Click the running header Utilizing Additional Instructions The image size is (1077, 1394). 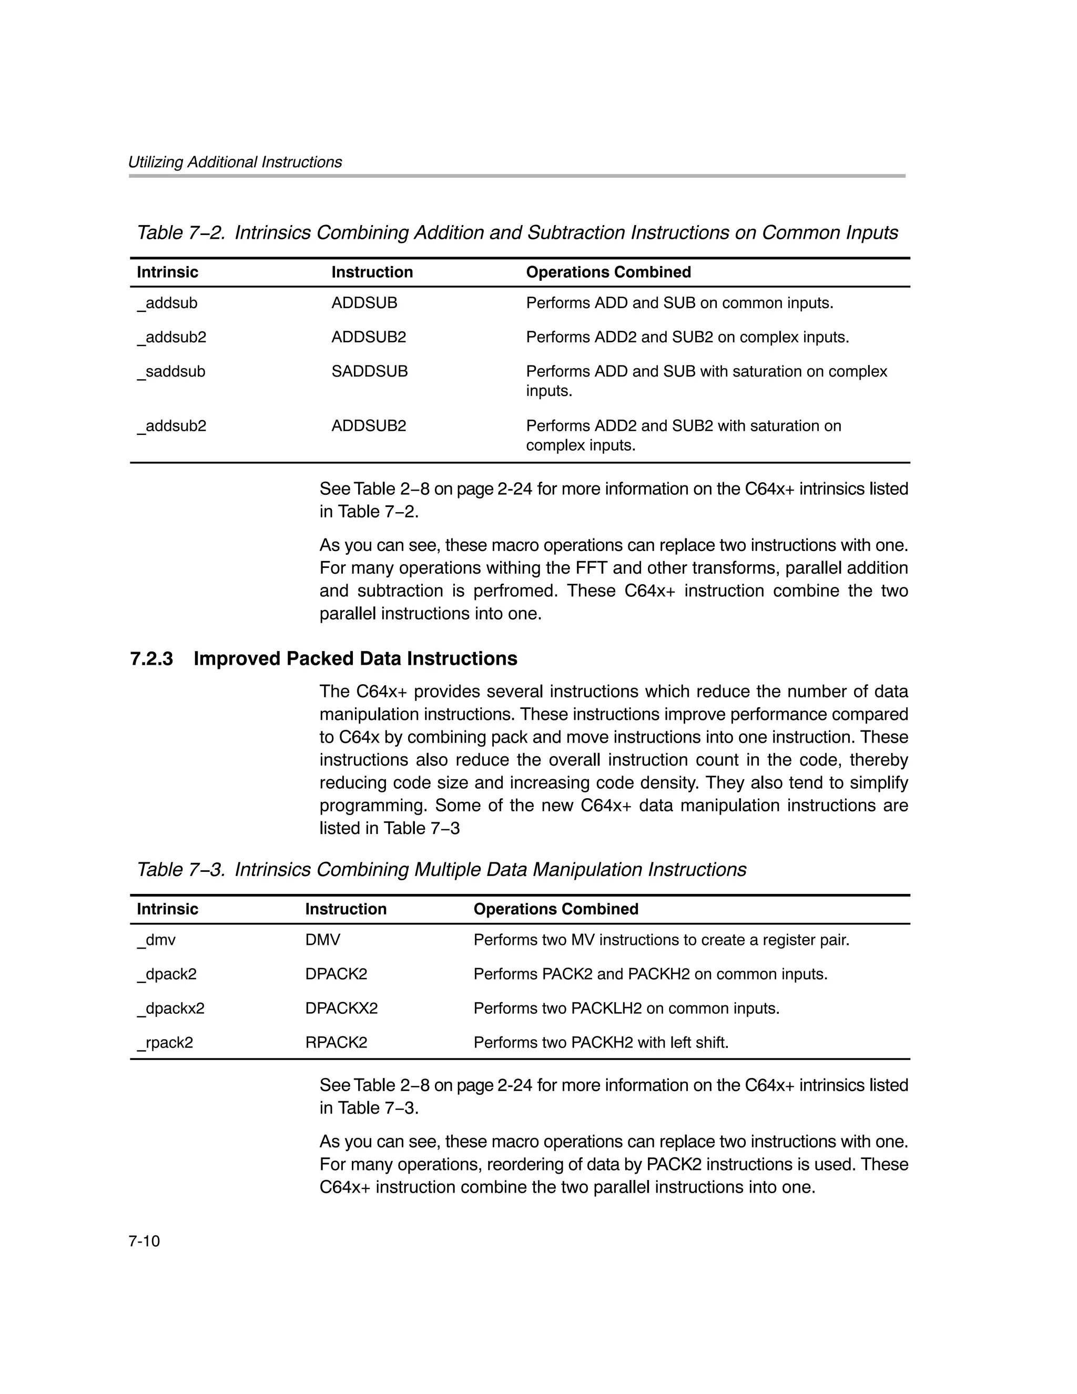coord(235,162)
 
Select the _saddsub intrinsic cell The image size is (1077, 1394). coord(171,371)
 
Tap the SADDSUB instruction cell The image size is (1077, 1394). coord(369,371)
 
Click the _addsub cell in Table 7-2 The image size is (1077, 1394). coord(167,303)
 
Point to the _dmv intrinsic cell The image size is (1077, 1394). coord(156,940)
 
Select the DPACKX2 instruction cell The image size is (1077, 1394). coord(341,1009)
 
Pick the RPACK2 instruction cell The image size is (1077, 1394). coord(336,1042)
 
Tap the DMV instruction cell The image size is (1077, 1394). coord(322,940)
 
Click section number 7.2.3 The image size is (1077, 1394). coord(151,659)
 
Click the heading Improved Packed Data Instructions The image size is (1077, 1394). coord(355,659)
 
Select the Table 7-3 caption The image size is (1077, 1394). coord(441,869)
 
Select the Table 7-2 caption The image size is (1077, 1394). coord(517,233)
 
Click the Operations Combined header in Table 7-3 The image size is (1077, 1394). coord(555,909)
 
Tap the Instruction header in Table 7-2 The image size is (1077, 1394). coord(372,272)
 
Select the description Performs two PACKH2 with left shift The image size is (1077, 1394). coord(601,1042)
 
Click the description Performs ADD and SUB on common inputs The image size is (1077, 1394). coord(679,303)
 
